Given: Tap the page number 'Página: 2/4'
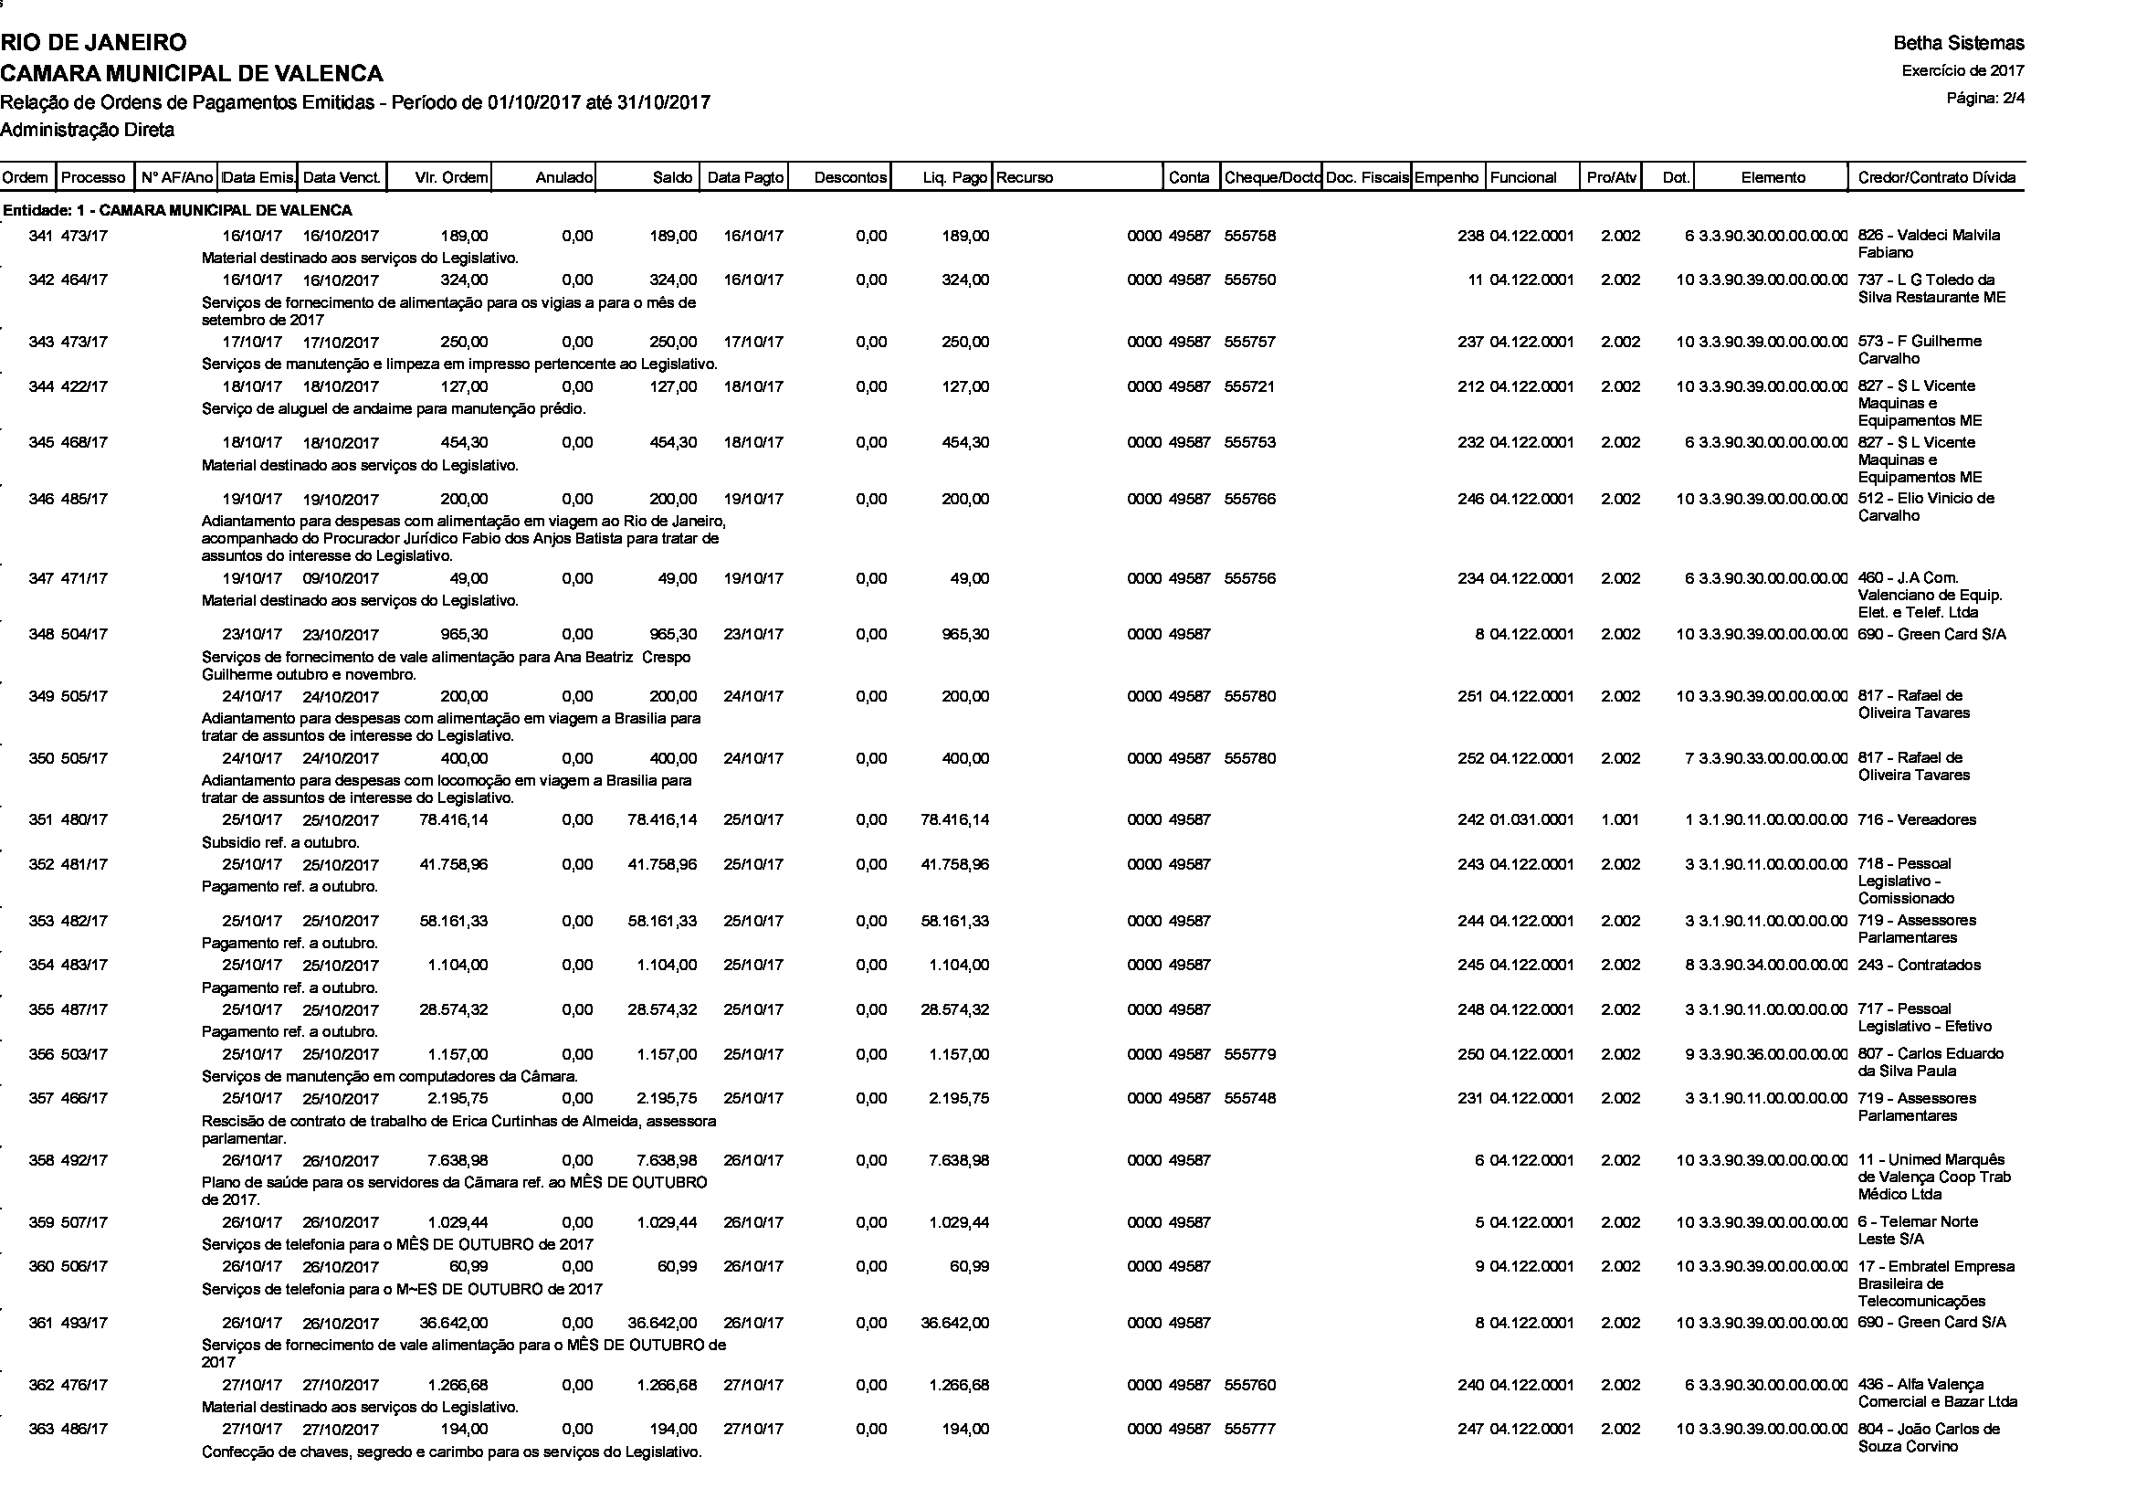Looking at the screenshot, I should [x=1985, y=98].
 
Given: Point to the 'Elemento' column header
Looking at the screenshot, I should [x=1773, y=178].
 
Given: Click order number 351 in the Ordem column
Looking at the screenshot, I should [x=40, y=819].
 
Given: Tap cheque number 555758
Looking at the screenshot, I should [x=1249, y=237].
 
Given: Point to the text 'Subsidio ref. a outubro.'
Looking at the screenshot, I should [x=280, y=843].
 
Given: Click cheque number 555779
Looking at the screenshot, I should [x=1249, y=1054].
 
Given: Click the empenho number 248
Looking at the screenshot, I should [x=1471, y=1009].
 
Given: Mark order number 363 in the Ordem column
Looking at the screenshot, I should [x=40, y=1429].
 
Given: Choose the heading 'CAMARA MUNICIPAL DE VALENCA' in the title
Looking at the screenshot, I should [x=192, y=72].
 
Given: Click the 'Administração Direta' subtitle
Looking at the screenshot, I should [x=88, y=131].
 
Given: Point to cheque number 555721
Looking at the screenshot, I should [x=1249, y=386].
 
